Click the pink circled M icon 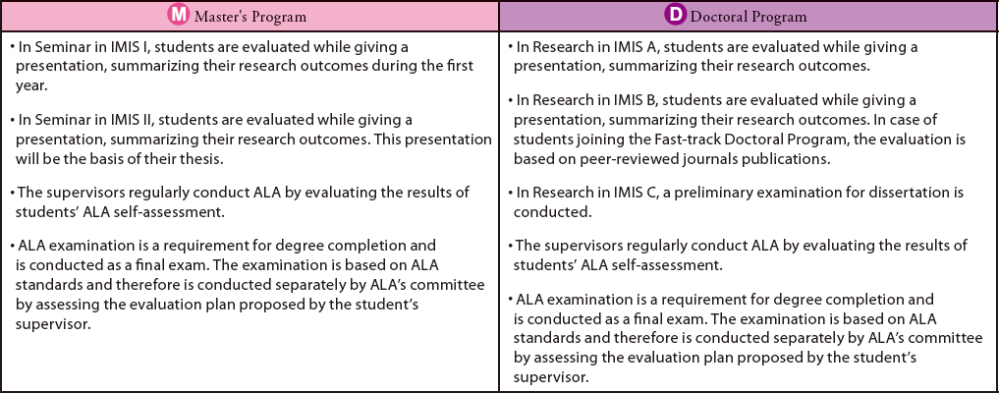(x=179, y=16)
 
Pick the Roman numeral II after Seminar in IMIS (x=142, y=120)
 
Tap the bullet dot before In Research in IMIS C (x=511, y=193)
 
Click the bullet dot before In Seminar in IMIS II (x=13, y=120)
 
